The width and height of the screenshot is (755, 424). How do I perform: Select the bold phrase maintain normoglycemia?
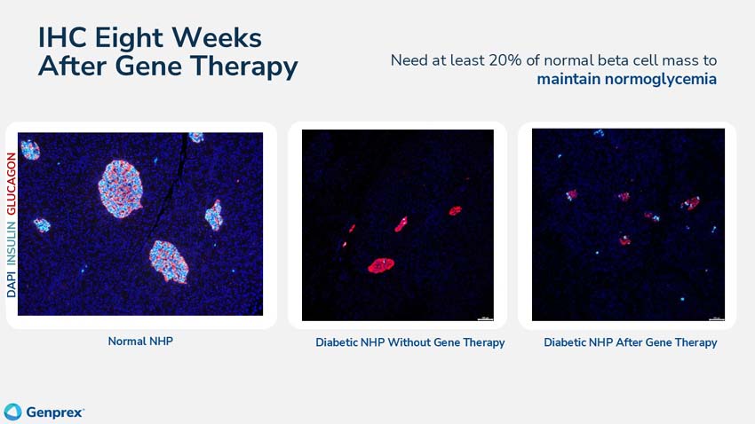click(x=626, y=79)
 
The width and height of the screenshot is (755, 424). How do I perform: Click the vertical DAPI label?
click(x=12, y=281)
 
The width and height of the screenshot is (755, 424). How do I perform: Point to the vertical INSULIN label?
click(x=12, y=240)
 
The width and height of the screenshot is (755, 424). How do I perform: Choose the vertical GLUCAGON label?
click(x=12, y=185)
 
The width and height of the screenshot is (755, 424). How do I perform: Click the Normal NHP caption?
click(x=140, y=341)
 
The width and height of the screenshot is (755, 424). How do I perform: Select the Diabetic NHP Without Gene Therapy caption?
click(x=409, y=342)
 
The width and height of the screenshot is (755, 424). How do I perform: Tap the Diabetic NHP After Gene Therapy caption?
click(x=630, y=342)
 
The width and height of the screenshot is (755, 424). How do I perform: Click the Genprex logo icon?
click(x=12, y=412)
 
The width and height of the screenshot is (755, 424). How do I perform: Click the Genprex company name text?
click(x=54, y=412)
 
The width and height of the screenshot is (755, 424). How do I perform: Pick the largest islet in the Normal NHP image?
click(x=121, y=188)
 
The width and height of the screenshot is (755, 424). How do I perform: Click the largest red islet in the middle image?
click(x=381, y=265)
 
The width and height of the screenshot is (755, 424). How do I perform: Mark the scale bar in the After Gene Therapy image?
click(x=715, y=317)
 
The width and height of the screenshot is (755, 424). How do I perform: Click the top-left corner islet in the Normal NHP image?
click(x=30, y=149)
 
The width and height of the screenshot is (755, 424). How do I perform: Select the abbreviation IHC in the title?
click(x=68, y=37)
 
